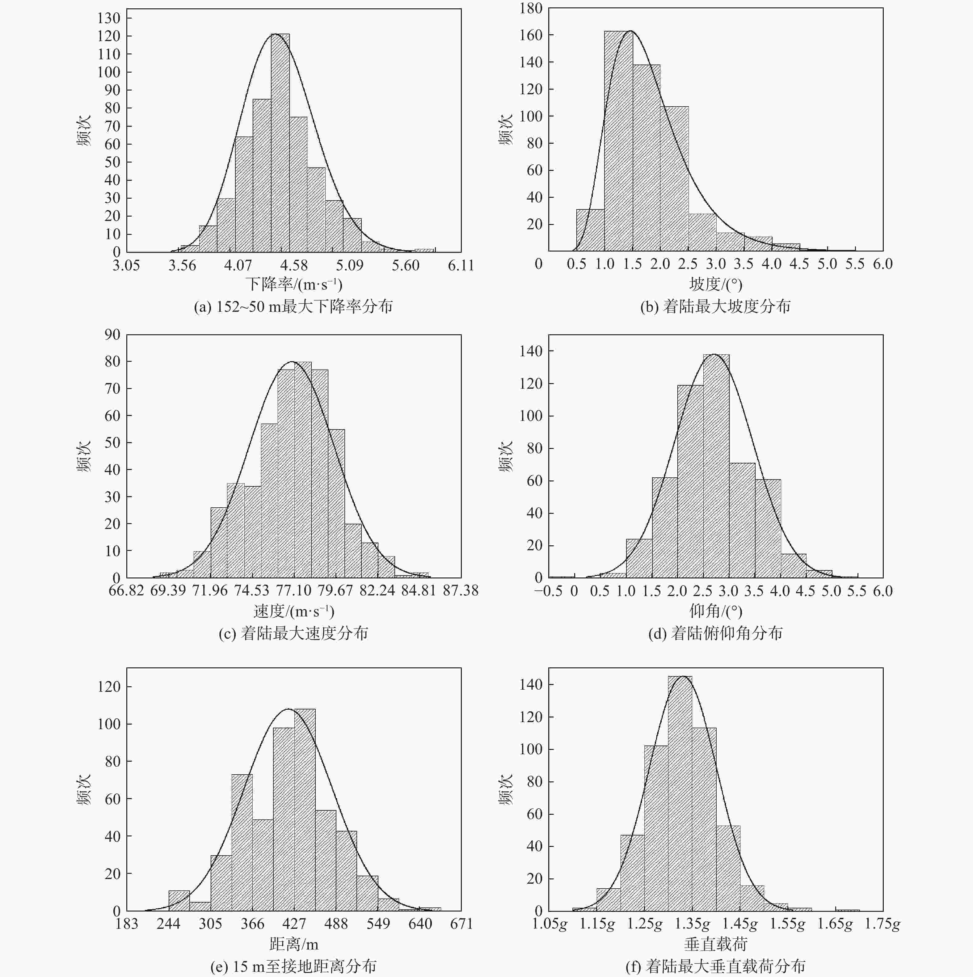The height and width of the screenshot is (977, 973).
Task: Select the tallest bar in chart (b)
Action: click(x=618, y=141)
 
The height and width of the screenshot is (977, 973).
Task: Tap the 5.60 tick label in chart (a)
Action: click(x=405, y=265)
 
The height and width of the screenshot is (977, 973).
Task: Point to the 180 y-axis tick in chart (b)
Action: click(x=530, y=9)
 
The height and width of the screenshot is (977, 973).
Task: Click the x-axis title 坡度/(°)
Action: click(x=715, y=284)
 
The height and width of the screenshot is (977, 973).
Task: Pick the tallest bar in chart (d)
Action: click(x=716, y=466)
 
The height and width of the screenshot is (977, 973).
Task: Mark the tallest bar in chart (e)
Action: click(x=304, y=810)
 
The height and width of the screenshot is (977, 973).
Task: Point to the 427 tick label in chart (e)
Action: click(x=294, y=924)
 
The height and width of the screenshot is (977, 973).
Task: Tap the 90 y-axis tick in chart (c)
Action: click(x=112, y=335)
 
